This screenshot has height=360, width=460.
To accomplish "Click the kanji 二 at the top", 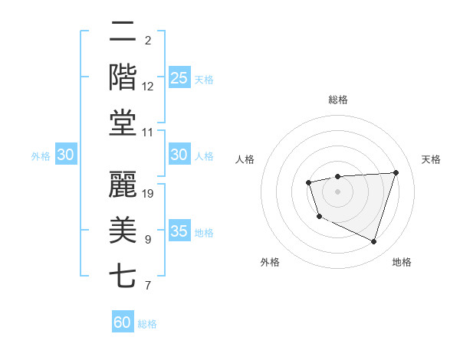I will click(123, 32).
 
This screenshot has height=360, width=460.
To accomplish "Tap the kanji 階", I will click(123, 77).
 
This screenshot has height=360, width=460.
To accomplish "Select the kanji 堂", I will click(123, 123).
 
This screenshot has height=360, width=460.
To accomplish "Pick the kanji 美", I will click(123, 229).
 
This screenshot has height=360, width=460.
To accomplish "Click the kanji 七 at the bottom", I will click(123, 275).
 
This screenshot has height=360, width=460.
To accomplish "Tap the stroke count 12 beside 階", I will click(148, 87).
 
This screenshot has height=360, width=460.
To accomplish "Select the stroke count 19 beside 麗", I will click(148, 194).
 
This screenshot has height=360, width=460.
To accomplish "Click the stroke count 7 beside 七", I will click(148, 286).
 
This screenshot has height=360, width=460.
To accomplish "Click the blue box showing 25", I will click(179, 78).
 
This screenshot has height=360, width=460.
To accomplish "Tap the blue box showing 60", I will click(123, 322).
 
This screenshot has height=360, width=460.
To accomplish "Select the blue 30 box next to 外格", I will click(65, 155).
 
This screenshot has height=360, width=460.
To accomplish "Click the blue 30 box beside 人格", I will click(179, 155).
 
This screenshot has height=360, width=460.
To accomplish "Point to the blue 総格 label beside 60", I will click(147, 324).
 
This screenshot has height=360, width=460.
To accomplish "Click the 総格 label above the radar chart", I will click(337, 100).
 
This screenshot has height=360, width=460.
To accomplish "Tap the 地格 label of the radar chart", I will click(402, 262).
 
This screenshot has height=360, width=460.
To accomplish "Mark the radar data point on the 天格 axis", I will click(396, 172).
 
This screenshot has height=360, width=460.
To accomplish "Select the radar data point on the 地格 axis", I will click(373, 242).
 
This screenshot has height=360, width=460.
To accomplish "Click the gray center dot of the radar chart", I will click(337, 191).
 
